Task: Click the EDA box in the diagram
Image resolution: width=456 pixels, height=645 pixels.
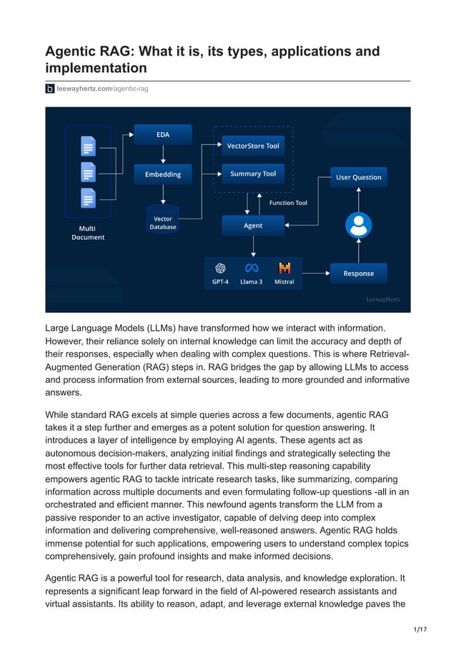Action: [x=163, y=134]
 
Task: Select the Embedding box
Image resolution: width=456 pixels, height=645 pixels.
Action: [x=163, y=174]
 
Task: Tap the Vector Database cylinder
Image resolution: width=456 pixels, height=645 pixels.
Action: [x=163, y=221]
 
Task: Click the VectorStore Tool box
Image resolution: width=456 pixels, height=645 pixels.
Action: [x=252, y=146]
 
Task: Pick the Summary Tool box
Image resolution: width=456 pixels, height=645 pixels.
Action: [x=252, y=174]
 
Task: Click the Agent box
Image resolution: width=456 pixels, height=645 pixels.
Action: [x=253, y=225]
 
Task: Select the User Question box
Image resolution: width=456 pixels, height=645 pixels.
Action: [x=358, y=177]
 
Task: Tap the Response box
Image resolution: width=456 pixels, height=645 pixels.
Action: [x=358, y=273]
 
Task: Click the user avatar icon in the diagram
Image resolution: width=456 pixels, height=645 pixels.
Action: [x=358, y=224]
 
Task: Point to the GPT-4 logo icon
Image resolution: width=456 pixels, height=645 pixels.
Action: [x=220, y=268]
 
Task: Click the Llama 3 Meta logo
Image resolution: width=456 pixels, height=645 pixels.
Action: [x=251, y=268]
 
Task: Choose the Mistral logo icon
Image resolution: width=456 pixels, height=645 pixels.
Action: [x=284, y=268]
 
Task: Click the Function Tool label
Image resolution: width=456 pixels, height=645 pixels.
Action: [x=288, y=203]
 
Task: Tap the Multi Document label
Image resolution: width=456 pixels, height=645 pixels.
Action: [x=88, y=233]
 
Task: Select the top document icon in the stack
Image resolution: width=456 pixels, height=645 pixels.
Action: [x=88, y=146]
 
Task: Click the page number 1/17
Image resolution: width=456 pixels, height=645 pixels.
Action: [x=421, y=629]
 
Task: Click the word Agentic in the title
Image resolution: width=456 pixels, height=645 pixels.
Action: [x=75, y=51]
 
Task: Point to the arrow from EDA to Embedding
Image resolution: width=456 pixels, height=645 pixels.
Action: [x=163, y=154]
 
